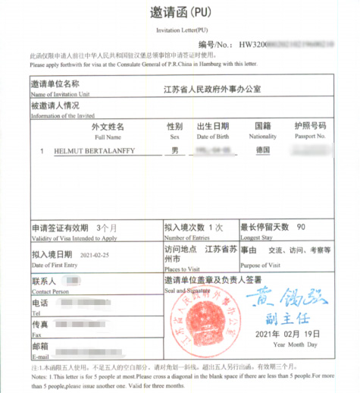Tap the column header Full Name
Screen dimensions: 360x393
click(x=108, y=137)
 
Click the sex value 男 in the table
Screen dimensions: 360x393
click(x=175, y=152)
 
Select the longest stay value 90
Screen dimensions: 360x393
click(x=301, y=227)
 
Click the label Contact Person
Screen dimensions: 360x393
click(x=50, y=291)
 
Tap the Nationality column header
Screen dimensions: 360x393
click(x=262, y=137)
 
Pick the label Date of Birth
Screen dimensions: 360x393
click(x=213, y=137)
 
